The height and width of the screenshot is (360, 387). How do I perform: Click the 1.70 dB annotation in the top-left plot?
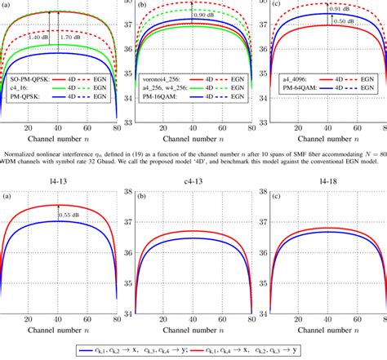tap(76, 38)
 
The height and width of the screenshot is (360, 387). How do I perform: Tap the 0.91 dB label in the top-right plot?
tap(342, 10)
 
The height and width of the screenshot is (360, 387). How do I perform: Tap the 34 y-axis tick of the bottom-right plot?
tap(264, 313)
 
